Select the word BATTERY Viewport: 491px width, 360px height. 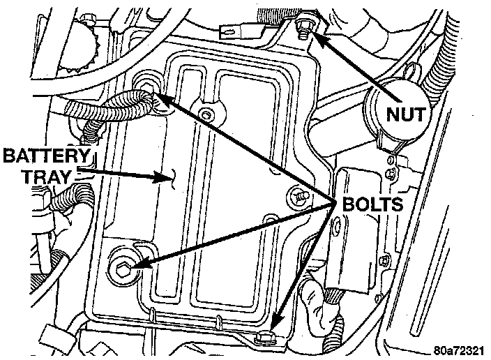click(x=47, y=155)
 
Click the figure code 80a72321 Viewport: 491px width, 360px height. click(x=457, y=350)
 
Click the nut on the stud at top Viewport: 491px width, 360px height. click(x=303, y=26)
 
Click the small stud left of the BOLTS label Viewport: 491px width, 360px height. click(x=298, y=197)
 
